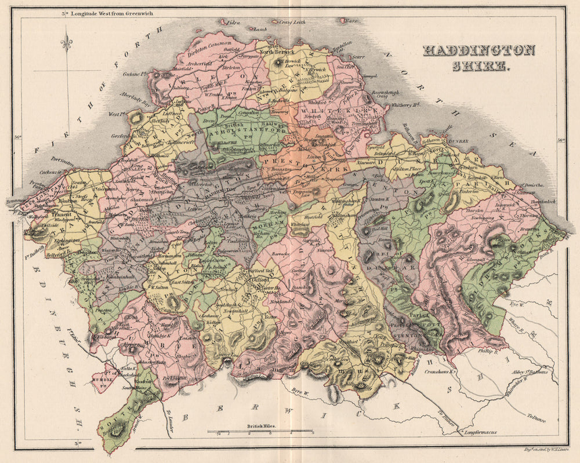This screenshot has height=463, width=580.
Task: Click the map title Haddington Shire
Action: [x=478, y=57]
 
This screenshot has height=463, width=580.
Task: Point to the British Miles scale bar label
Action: [x=262, y=425]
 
